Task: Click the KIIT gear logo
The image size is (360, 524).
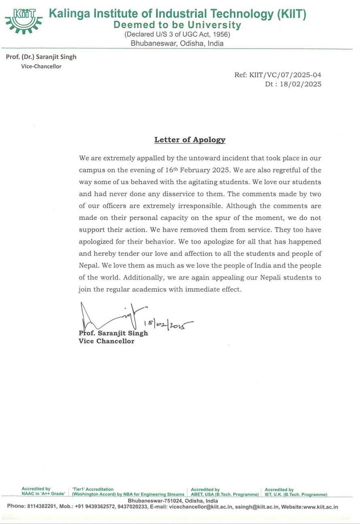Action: tap(23, 20)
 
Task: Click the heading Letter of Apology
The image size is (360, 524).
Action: tap(190, 140)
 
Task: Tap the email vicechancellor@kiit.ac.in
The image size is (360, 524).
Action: tap(200, 507)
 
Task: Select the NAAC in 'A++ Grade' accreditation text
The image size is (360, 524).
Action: tap(44, 494)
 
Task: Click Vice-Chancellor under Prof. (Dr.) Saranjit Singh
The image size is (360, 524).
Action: tap(41, 66)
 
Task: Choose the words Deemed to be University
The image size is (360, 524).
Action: tap(177, 25)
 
